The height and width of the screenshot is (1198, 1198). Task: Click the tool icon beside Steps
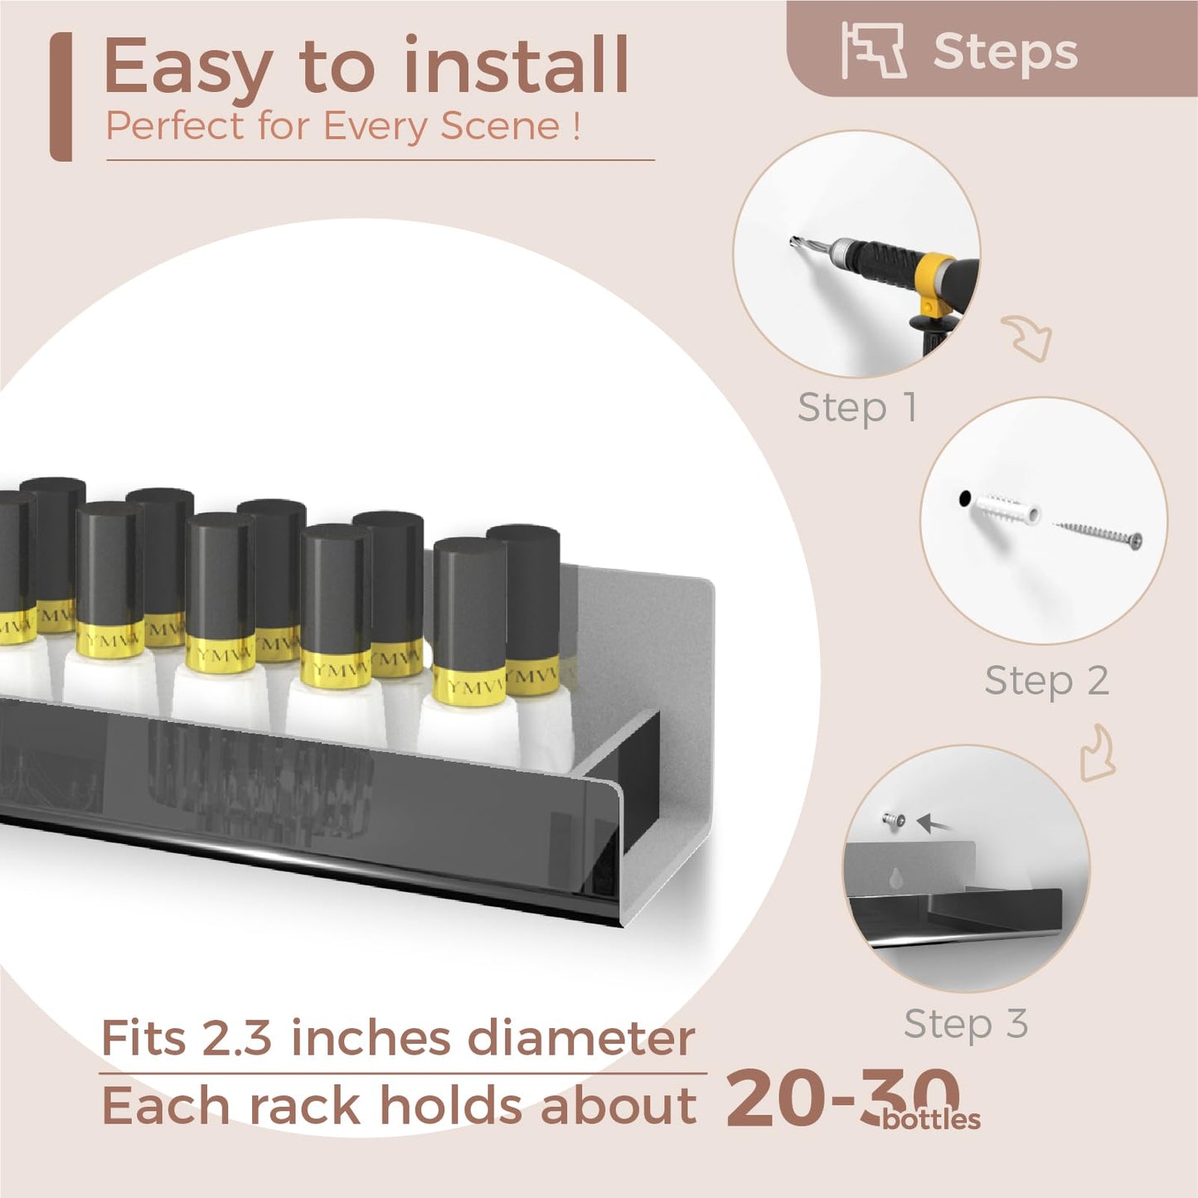tap(874, 51)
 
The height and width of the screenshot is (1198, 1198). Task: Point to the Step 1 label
tap(857, 409)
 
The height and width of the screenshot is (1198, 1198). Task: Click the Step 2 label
tap(1047, 681)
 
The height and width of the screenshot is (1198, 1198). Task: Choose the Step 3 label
tap(966, 1023)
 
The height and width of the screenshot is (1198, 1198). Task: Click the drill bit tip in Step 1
tap(793, 241)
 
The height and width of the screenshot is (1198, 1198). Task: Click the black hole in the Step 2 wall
tap(964, 498)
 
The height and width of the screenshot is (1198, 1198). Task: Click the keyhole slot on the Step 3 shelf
tap(896, 878)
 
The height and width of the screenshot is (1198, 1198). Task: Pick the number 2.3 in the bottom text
tap(237, 1038)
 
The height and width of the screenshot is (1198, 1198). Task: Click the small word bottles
tap(931, 1120)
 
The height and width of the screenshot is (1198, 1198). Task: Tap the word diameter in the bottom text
tap(580, 1038)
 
